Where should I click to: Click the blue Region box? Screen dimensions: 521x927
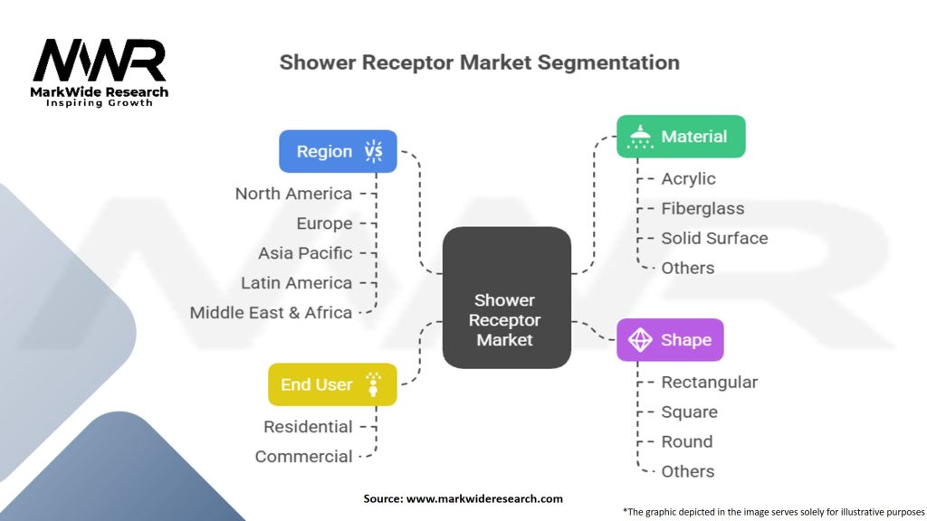[338, 151]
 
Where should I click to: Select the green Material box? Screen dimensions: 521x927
[681, 137]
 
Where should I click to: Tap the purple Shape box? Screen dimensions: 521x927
[670, 340]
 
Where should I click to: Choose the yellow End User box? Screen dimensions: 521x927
[332, 384]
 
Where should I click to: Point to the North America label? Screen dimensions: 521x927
[293, 194]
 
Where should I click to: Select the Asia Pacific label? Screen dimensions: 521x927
[305, 253]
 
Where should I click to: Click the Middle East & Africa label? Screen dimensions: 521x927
[271, 313]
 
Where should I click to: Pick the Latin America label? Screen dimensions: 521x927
[296, 283]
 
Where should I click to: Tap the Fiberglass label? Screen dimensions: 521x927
[702, 209]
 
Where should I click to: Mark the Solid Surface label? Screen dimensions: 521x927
[714, 239]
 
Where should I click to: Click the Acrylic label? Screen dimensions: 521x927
[688, 179]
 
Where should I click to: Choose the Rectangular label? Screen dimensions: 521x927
[709, 383]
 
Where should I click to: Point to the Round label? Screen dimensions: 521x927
[686, 442]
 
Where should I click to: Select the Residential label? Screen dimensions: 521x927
[308, 427]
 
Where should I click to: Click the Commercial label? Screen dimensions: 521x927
[303, 457]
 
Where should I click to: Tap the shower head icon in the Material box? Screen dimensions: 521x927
[641, 137]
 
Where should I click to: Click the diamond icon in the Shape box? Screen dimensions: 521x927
[640, 340]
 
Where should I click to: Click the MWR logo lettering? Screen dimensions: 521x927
[100, 61]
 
